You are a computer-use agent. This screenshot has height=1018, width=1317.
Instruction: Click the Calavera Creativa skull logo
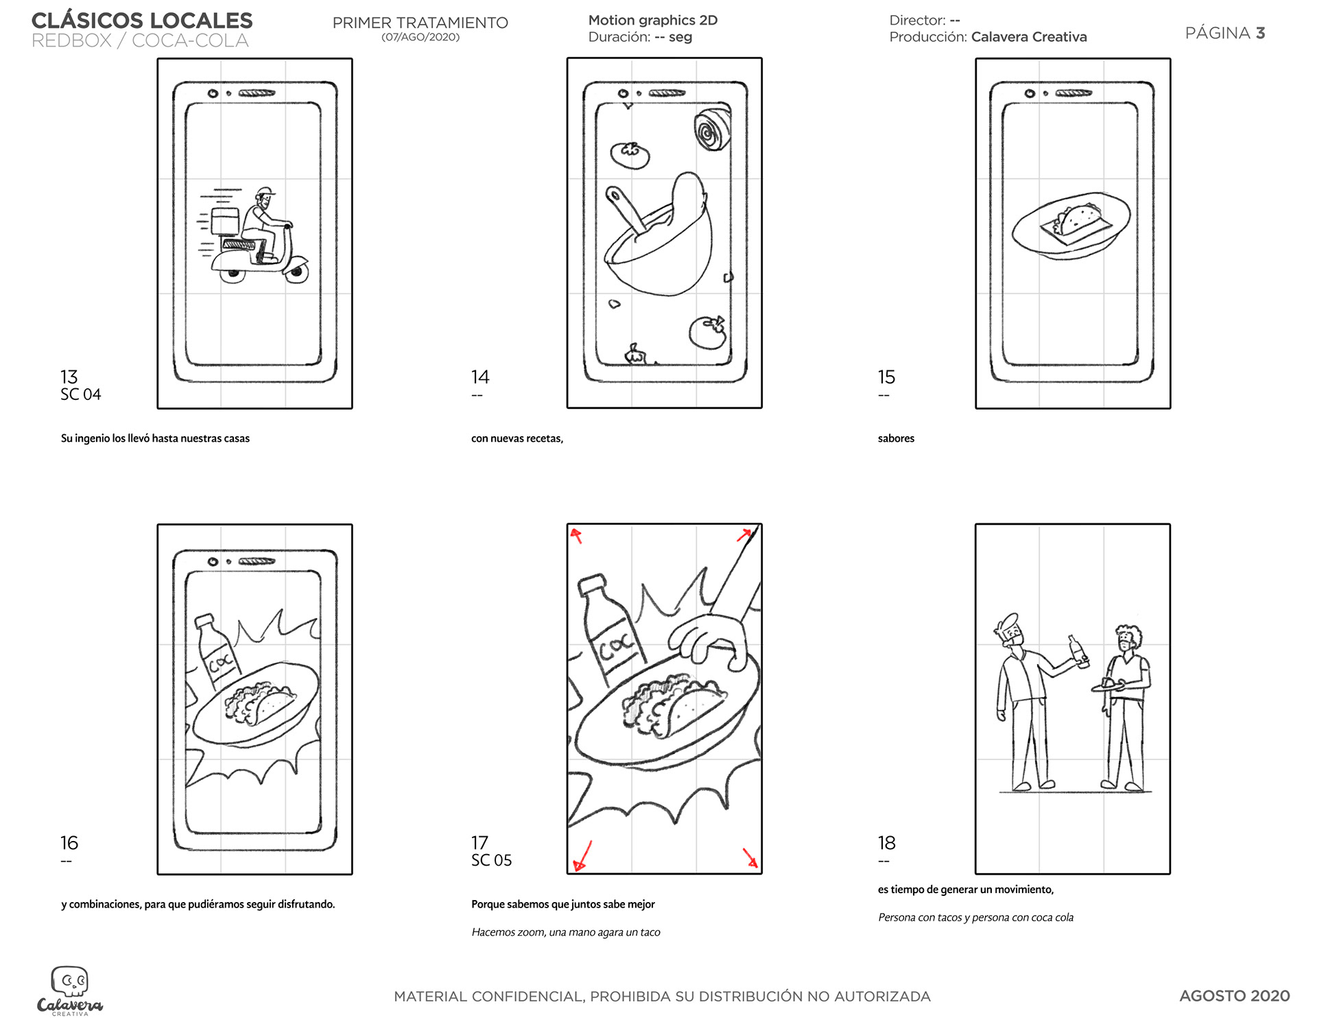69,982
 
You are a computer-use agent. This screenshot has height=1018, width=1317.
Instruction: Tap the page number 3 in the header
1260,33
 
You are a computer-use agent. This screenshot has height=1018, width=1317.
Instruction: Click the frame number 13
69,377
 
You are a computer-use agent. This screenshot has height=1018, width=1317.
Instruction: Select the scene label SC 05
491,860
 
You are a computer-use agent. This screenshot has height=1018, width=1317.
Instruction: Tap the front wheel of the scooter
296,272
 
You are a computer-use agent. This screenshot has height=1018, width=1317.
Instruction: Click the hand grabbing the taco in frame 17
710,638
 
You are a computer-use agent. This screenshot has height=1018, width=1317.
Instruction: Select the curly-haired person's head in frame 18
1127,639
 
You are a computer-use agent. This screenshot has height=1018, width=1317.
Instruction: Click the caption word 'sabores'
896,438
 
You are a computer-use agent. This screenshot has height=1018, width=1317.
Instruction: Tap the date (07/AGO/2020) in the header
420,37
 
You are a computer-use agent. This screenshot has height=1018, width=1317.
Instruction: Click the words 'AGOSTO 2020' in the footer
1234,995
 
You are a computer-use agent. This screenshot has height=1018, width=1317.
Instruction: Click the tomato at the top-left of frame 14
630,155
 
